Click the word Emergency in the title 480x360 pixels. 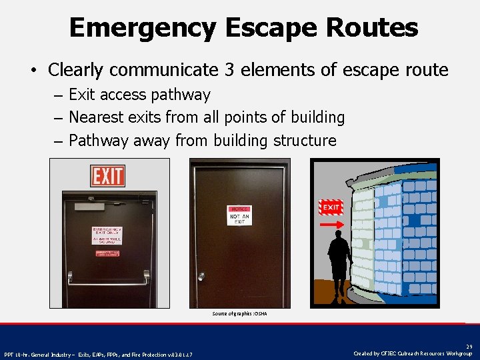point(143,28)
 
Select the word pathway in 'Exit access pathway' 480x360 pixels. point(182,95)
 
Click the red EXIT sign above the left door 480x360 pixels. point(107,176)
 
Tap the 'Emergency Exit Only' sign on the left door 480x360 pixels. point(107,235)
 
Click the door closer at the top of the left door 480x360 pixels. point(90,206)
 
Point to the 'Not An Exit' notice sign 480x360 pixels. point(238,216)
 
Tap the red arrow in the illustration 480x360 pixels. point(331,225)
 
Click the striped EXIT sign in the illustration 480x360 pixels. point(331,207)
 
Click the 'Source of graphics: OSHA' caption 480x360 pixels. point(239,313)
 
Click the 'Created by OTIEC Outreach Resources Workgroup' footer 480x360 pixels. point(413,354)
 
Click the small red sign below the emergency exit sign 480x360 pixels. point(107,253)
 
